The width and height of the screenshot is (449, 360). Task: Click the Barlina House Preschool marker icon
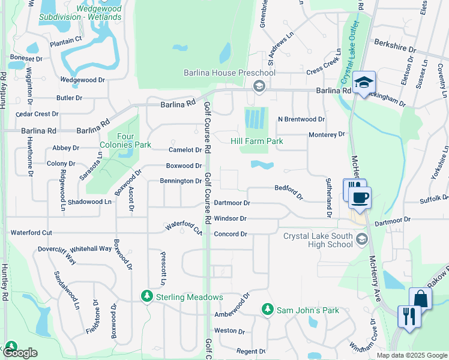pyautogui.click(x=259, y=85)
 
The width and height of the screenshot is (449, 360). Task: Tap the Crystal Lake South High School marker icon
pyautogui.click(x=361, y=240)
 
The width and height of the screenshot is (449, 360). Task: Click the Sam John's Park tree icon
pyautogui.click(x=268, y=310)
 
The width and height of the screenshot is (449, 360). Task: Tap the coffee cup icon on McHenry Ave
pyautogui.click(x=360, y=198)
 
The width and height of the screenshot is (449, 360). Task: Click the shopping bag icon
pyautogui.click(x=420, y=298)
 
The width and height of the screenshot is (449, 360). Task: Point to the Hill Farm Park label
pyautogui.click(x=257, y=141)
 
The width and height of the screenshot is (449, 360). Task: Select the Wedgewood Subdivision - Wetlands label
pyautogui.click(x=80, y=13)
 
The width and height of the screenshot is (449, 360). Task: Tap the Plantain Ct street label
pyautogui.click(x=66, y=40)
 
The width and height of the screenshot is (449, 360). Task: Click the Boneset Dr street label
pyautogui.click(x=26, y=59)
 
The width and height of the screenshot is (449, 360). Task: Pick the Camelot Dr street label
pyautogui.click(x=185, y=150)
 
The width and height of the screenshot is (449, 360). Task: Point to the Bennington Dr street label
pyautogui.click(x=181, y=181)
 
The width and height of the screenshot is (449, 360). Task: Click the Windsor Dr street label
pyautogui.click(x=230, y=218)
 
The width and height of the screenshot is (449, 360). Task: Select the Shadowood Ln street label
pyautogui.click(x=89, y=202)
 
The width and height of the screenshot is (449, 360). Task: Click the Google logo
pyautogui.click(x=20, y=353)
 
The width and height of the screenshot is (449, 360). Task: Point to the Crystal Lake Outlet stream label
pyautogui.click(x=348, y=52)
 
